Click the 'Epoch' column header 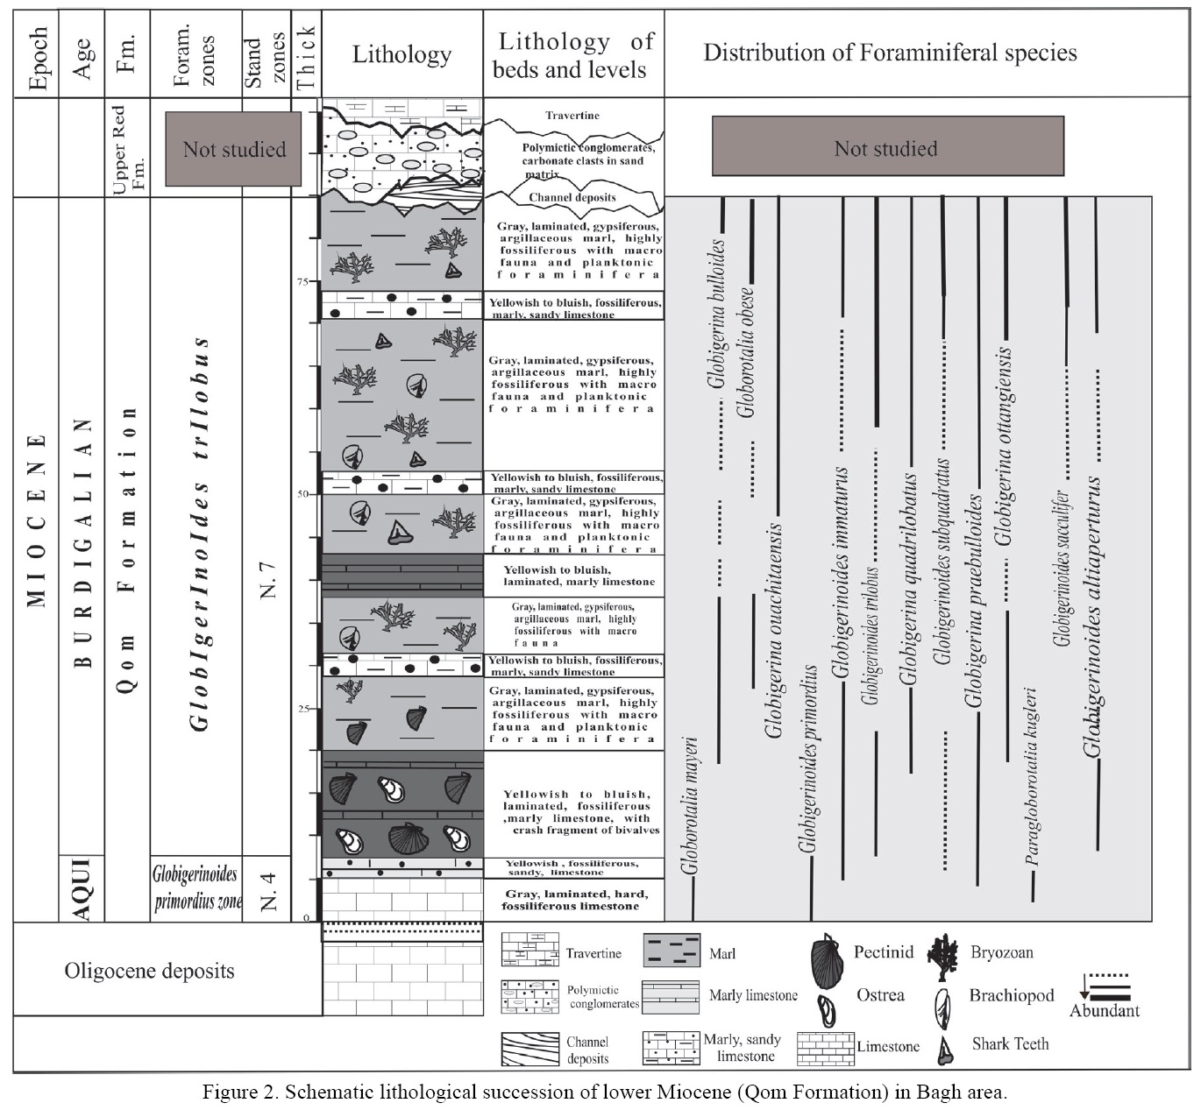(x=37, y=54)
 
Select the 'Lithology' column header (x=402, y=54)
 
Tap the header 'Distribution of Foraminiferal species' (x=890, y=53)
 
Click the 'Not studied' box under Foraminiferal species (x=886, y=148)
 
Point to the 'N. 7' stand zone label (x=267, y=578)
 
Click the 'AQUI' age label (x=82, y=888)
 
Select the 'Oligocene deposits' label (x=149, y=971)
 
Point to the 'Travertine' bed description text (x=572, y=116)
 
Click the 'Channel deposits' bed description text (x=572, y=197)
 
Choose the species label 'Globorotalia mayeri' (x=690, y=806)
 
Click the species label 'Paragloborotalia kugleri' (x=1032, y=775)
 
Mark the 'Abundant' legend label (x=1104, y=1010)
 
